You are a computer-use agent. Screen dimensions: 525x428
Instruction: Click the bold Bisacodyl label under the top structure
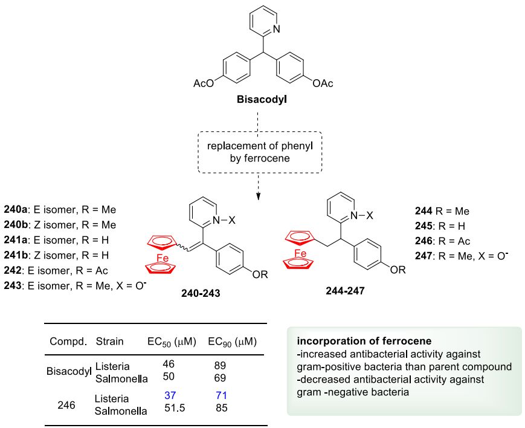click(x=262, y=100)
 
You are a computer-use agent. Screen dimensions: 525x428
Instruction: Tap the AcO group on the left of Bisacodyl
click(x=203, y=83)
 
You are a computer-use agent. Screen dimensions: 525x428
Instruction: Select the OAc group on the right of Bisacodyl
click(x=323, y=83)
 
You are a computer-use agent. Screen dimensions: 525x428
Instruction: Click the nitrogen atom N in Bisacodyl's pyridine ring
click(x=276, y=30)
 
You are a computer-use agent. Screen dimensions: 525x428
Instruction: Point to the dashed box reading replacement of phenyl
click(x=260, y=152)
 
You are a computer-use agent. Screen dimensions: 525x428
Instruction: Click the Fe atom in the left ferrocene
click(x=163, y=258)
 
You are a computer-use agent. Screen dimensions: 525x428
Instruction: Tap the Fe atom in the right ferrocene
click(x=300, y=253)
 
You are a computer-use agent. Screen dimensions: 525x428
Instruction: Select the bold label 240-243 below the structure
click(x=201, y=293)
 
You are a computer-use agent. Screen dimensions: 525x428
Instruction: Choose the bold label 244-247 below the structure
click(x=345, y=291)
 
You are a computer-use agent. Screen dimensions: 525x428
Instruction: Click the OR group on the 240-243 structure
click(x=260, y=275)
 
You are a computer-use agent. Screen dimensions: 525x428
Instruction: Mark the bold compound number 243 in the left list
click(x=13, y=285)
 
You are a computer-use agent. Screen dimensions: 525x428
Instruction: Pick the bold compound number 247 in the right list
click(x=424, y=256)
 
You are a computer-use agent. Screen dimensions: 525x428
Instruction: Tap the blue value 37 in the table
click(x=170, y=395)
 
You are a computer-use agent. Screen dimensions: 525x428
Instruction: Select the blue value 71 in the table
click(x=221, y=395)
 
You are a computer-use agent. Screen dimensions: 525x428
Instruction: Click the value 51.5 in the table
click(x=175, y=408)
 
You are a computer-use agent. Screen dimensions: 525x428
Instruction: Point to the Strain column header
click(x=109, y=341)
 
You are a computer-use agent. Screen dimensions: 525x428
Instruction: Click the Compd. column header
click(x=68, y=342)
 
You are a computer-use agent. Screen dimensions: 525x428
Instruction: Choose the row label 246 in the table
click(x=66, y=405)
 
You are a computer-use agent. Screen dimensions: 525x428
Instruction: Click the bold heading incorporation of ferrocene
click(x=364, y=341)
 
